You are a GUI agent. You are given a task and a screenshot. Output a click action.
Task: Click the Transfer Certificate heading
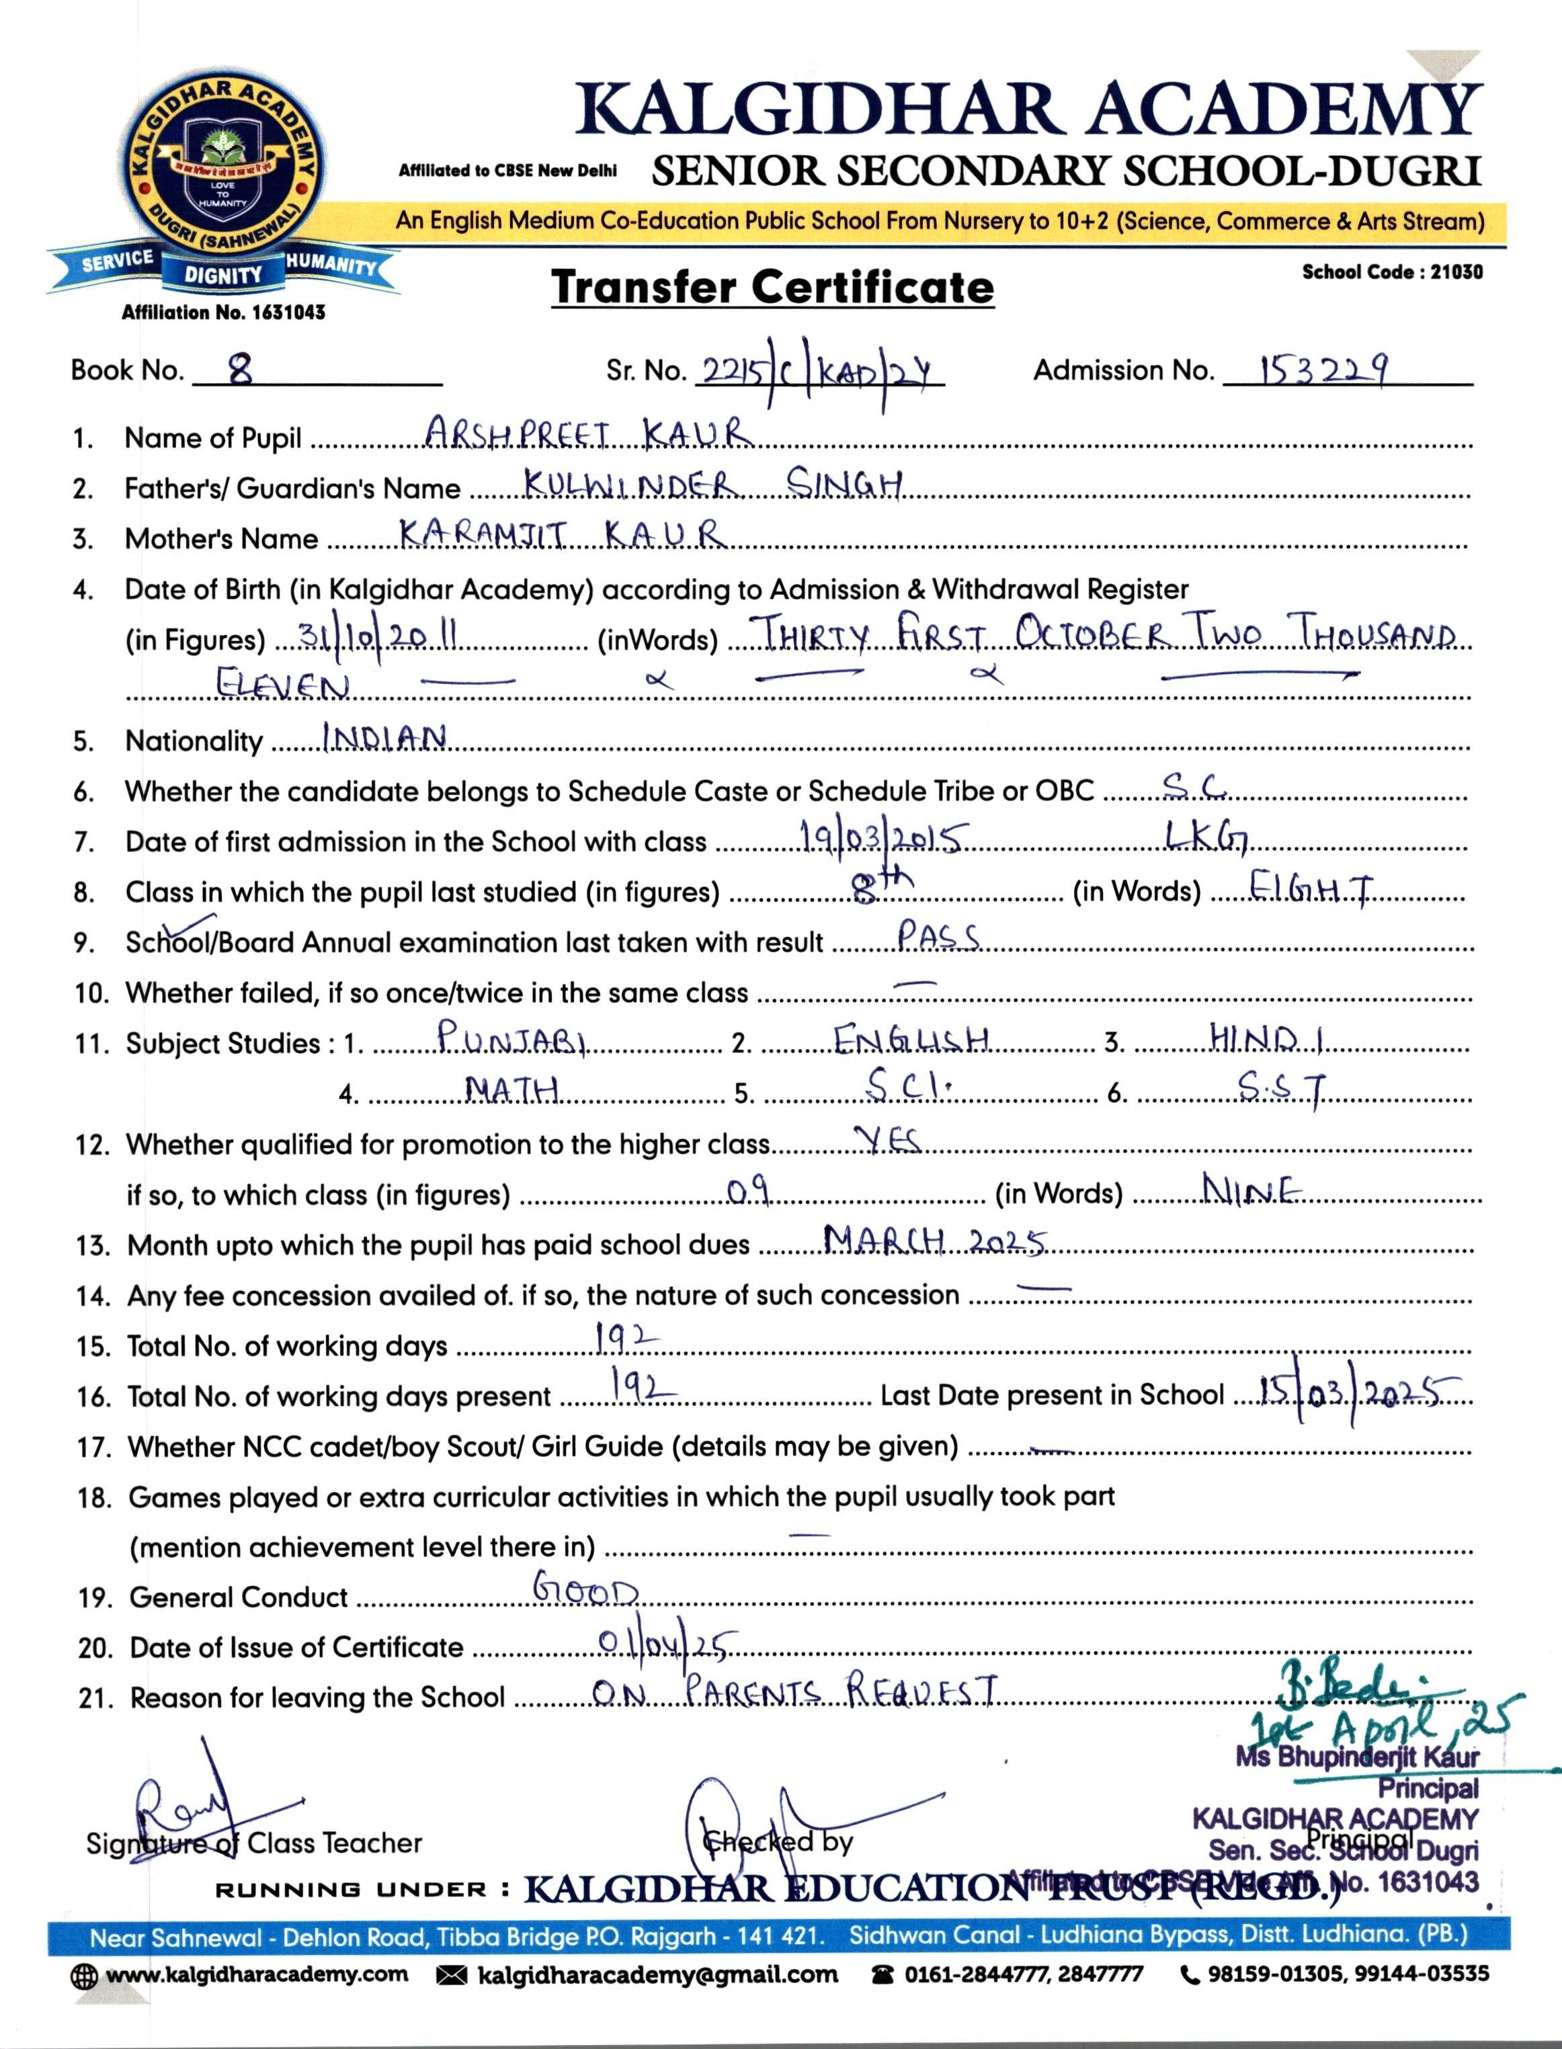click(773, 286)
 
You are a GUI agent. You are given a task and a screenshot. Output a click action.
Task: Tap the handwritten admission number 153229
click(1324, 371)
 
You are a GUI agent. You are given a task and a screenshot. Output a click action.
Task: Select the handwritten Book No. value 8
click(241, 371)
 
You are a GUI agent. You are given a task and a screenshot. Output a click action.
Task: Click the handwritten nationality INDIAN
click(385, 738)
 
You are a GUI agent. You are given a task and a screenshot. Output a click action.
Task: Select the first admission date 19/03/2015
click(880, 839)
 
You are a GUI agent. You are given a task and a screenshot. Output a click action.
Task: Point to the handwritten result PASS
click(939, 937)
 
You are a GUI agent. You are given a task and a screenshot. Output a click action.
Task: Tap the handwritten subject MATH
click(512, 1088)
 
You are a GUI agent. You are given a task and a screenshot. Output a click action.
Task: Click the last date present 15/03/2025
click(1358, 1392)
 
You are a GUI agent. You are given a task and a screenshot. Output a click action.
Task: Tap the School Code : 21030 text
click(1392, 272)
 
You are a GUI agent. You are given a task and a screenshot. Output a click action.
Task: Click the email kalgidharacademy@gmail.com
click(657, 1974)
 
